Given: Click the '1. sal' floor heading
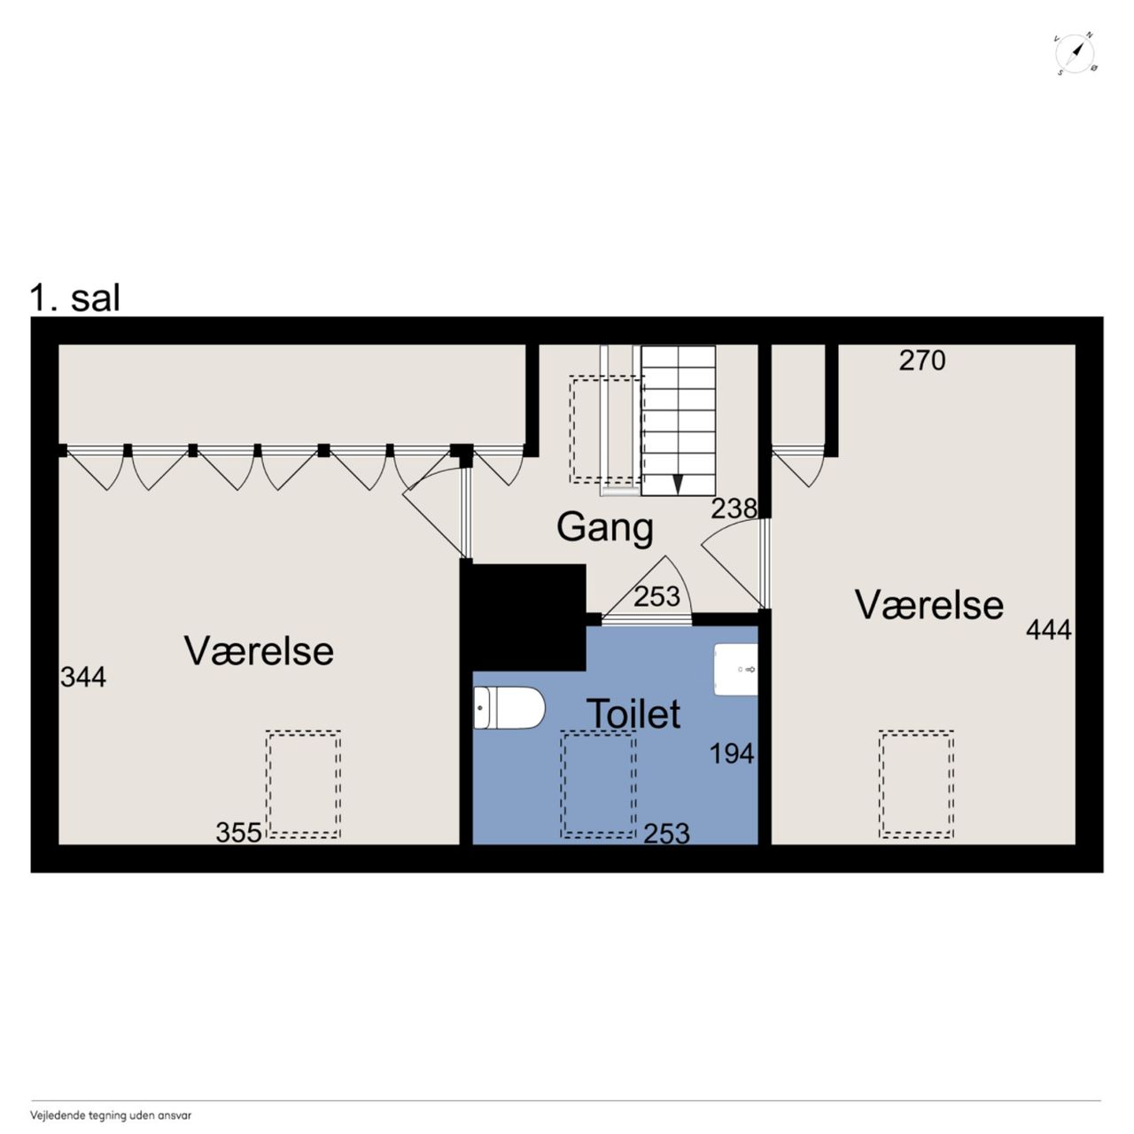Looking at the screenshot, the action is click(74, 298).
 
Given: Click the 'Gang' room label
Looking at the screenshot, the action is click(605, 528).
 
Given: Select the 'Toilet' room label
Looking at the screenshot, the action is click(633, 714).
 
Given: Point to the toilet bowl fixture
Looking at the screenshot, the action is click(509, 708).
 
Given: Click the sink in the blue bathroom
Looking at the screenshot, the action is click(735, 670).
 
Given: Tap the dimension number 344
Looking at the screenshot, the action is click(83, 677).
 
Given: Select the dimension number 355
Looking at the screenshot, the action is click(238, 832).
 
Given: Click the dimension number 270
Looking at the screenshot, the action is click(922, 361).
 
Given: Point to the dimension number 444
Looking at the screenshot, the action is click(1049, 630).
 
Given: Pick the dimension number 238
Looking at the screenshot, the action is click(734, 509).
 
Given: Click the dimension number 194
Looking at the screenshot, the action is click(732, 753).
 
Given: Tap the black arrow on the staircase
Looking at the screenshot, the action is click(678, 485).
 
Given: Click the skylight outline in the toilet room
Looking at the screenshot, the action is click(598, 784).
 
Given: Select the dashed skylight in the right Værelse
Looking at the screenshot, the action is click(916, 783).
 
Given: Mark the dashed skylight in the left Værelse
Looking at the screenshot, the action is click(304, 783).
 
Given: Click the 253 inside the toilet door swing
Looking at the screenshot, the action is click(656, 597).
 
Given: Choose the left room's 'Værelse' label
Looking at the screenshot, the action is click(259, 651).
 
